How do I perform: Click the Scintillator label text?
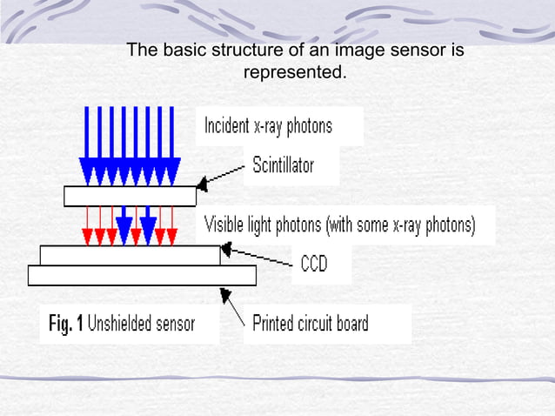[x=284, y=165]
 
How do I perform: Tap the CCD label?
[x=314, y=264]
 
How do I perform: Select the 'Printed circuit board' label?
[x=311, y=323]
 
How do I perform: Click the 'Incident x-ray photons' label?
[x=268, y=126]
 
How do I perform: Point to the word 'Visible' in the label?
[x=224, y=225]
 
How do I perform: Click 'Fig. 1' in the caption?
[x=66, y=324]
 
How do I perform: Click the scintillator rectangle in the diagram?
[x=130, y=196]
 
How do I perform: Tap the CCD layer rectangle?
[x=130, y=255]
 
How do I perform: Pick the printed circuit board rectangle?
[x=142, y=275]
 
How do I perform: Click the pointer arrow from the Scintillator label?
[x=220, y=176]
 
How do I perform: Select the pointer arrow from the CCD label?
[x=257, y=254]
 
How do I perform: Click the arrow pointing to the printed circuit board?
[x=232, y=306]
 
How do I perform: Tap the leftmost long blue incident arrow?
[x=87, y=146]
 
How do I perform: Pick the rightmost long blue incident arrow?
[x=171, y=146]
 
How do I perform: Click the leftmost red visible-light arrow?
[x=88, y=226]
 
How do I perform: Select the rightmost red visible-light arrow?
[x=172, y=226]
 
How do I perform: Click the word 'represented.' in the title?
[x=295, y=72]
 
